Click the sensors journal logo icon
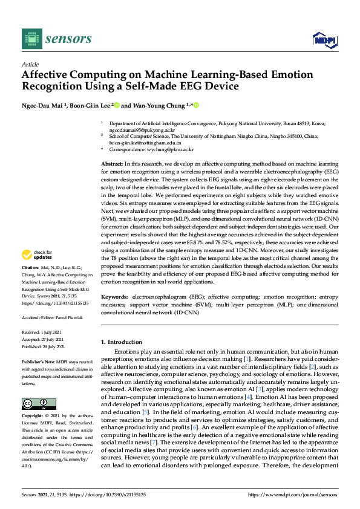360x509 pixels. click(31, 39)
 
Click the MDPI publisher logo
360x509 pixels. click(324, 39)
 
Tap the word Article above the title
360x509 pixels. click(30, 64)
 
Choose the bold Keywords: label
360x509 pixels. click(114, 297)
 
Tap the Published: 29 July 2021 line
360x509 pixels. click(47, 346)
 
